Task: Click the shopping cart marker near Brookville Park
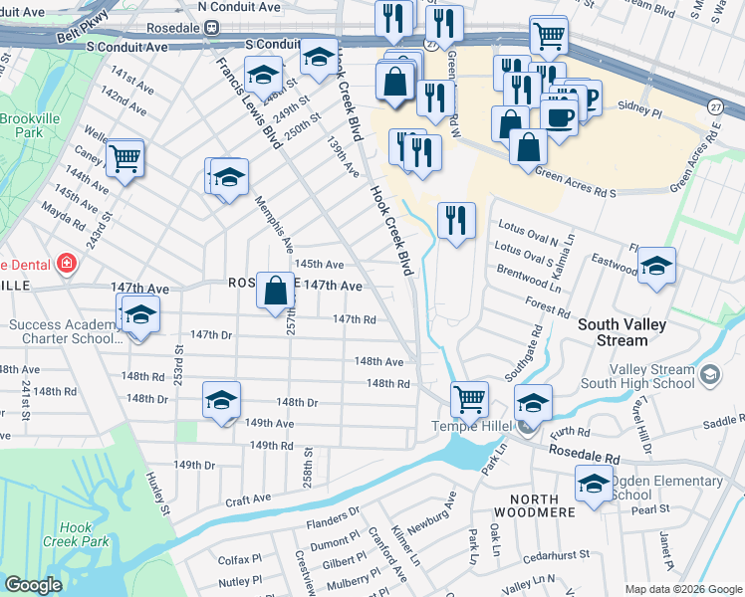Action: [124, 157]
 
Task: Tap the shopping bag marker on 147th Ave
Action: [276, 292]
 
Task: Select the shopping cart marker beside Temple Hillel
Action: [469, 399]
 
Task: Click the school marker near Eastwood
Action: [656, 266]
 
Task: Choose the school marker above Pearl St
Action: [594, 485]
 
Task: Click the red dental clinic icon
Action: [66, 264]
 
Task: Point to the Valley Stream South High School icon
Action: [709, 374]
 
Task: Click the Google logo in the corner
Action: [33, 585]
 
